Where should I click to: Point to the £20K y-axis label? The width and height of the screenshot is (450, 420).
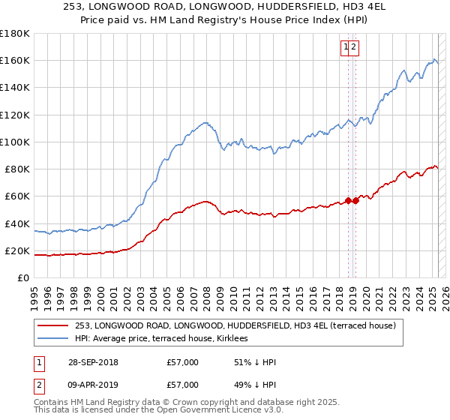[16, 251]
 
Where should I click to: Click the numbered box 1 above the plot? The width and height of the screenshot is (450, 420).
[346, 47]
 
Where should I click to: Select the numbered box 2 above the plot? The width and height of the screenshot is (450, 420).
[354, 47]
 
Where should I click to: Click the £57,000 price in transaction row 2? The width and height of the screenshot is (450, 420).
[183, 387]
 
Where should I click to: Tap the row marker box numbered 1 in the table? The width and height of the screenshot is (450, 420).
[37, 362]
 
